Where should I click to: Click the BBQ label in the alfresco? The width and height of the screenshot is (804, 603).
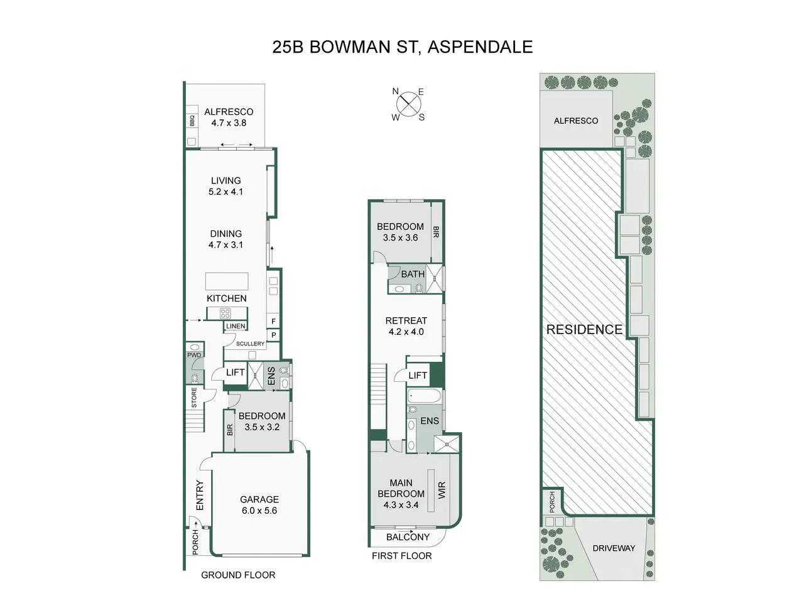[192, 121]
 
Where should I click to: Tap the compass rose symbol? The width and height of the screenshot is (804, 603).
[408, 104]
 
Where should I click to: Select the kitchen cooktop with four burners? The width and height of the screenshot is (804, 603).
[225, 313]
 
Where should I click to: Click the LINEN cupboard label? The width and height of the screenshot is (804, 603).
[236, 326]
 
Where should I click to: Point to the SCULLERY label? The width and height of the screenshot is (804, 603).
[250, 344]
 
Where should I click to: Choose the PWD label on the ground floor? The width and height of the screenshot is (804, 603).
[194, 355]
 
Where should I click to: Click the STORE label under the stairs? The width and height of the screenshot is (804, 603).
[194, 397]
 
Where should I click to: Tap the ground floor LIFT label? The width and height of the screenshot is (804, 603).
[235, 372]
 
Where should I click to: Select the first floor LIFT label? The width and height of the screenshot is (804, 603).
[418, 375]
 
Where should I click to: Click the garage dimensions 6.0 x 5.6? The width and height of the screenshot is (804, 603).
[259, 511]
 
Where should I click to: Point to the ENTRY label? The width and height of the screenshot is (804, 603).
[200, 496]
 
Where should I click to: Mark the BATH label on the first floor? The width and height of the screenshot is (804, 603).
[413, 274]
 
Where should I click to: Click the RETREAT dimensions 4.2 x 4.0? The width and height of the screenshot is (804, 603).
[406, 332]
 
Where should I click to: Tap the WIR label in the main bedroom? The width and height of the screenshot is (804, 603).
[442, 490]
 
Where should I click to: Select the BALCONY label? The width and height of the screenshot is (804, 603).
[408, 537]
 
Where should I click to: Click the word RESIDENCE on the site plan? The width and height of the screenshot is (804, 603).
[584, 330]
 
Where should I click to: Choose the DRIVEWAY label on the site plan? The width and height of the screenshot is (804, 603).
[614, 548]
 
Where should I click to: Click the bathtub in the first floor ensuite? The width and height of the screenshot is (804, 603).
[425, 396]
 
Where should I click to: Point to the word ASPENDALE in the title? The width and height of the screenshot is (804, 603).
[481, 47]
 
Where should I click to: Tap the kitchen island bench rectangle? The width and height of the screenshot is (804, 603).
[227, 281]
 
